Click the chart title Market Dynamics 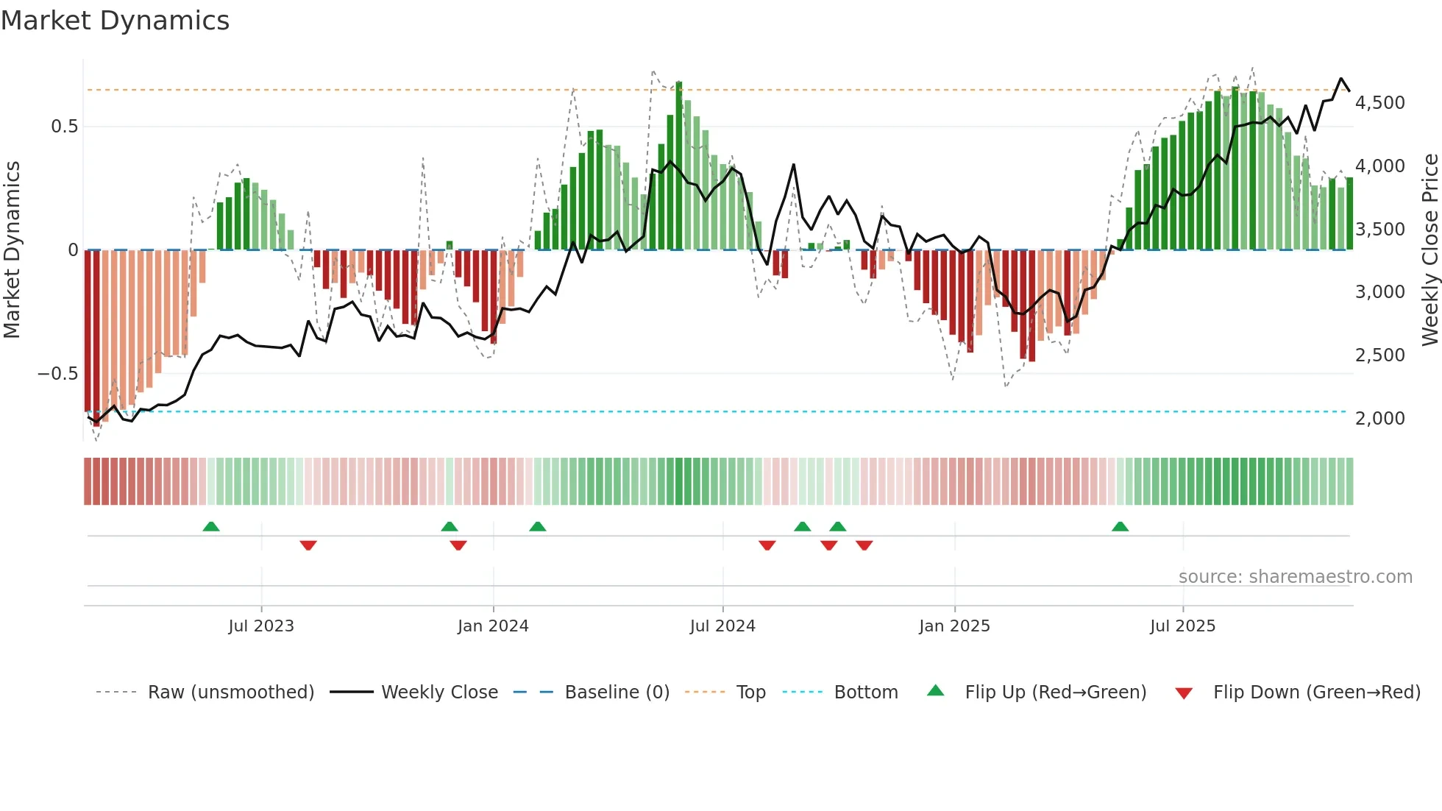(115, 21)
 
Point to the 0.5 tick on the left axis (64, 127)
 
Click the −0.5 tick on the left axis (58, 374)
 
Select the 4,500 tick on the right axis (1379, 103)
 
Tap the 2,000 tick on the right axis (1379, 419)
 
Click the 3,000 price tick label (1379, 292)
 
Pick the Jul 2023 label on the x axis (260, 626)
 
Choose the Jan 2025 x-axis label (954, 626)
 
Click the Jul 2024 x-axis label (722, 626)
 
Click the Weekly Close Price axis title (1429, 250)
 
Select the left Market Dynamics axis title (12, 250)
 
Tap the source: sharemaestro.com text (1295, 577)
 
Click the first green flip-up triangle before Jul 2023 (211, 526)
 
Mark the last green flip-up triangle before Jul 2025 (1120, 526)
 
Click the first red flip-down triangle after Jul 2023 (308, 545)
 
